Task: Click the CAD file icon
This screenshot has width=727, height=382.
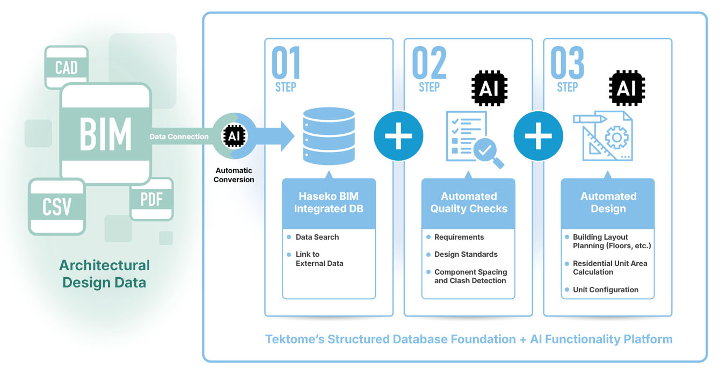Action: point(66,67)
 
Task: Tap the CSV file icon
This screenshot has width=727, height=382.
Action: point(56,206)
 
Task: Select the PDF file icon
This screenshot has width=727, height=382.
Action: point(151,199)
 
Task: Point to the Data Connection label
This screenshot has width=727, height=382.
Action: point(179,136)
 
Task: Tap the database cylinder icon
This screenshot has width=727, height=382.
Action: point(329,136)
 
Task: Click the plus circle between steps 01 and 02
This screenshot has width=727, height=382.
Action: point(398,135)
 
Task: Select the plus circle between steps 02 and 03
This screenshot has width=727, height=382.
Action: point(538,135)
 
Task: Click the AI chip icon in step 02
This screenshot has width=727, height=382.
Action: point(489,87)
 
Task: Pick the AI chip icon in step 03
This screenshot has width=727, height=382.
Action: point(627,87)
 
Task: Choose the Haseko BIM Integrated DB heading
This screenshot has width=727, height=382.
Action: point(329,203)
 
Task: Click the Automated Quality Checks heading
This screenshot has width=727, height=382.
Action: point(468,203)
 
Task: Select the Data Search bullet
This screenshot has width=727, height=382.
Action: point(317,237)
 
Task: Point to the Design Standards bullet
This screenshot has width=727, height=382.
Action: point(466,254)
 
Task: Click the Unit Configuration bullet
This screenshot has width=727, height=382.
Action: point(605,290)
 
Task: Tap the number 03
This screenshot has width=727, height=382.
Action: point(567,63)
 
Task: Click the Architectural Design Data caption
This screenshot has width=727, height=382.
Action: point(104,273)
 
